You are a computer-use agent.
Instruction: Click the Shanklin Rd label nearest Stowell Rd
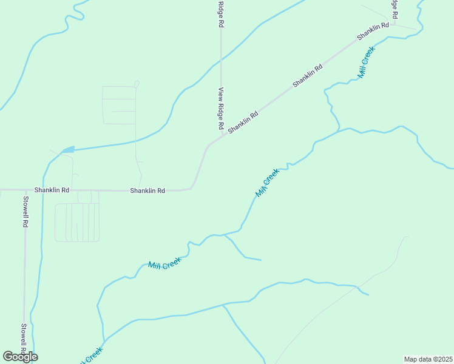click(x=52, y=190)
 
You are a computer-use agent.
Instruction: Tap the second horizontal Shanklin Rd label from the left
click(x=147, y=190)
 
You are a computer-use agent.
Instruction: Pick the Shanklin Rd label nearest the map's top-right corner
click(x=373, y=32)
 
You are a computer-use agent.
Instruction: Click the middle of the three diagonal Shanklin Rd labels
click(x=308, y=76)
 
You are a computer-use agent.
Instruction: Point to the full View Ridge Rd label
click(x=222, y=109)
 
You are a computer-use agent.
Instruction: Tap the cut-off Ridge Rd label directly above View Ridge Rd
click(x=222, y=13)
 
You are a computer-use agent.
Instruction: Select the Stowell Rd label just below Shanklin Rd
click(x=25, y=211)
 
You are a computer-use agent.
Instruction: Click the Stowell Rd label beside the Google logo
click(x=24, y=340)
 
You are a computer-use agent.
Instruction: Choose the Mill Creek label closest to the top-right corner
click(x=367, y=62)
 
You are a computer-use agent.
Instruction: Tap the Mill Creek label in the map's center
click(x=267, y=183)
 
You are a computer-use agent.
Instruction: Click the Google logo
click(x=20, y=357)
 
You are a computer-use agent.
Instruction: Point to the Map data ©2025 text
click(x=428, y=359)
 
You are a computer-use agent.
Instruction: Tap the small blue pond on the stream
click(x=68, y=149)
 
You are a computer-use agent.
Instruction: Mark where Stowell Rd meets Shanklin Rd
click(x=25, y=190)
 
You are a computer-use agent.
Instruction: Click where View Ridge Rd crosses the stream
click(x=221, y=60)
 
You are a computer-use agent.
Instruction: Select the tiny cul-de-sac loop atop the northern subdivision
click(x=137, y=83)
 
